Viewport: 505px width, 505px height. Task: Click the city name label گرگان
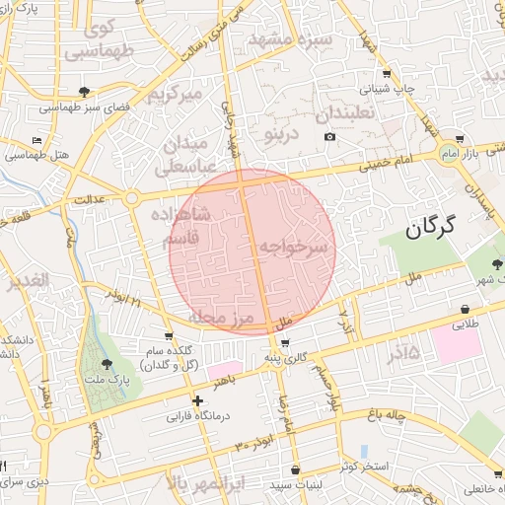click(432, 229)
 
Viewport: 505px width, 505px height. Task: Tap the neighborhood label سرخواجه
click(292, 249)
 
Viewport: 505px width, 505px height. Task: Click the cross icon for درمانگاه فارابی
click(198, 401)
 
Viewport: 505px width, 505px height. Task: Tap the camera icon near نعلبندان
click(329, 135)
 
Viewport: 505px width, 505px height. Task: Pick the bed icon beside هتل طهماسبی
click(36, 140)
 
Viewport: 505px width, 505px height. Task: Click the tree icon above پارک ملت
click(107, 364)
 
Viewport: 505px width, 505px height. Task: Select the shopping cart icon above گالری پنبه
click(285, 343)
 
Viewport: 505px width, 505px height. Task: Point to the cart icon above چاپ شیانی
click(386, 73)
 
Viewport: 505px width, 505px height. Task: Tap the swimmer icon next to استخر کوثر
click(364, 451)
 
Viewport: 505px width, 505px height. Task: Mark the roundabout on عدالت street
click(131, 198)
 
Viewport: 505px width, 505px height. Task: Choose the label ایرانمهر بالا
click(213, 483)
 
